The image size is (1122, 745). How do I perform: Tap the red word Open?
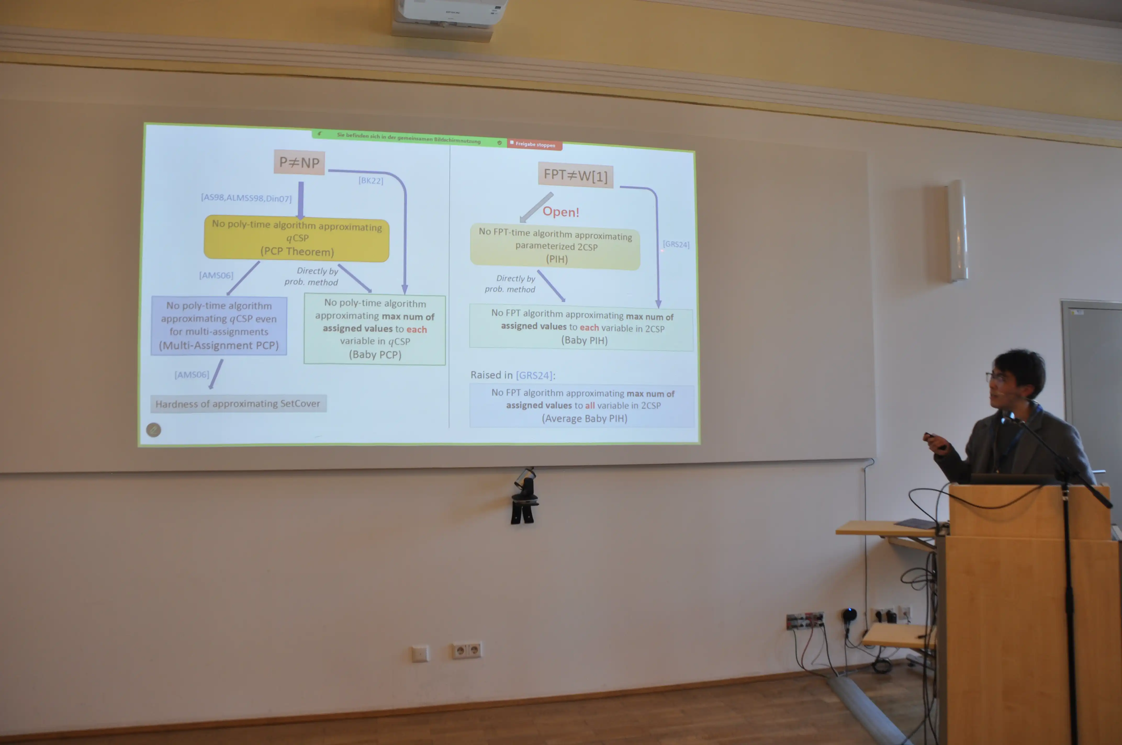click(x=561, y=212)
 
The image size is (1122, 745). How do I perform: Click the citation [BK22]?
click(x=371, y=180)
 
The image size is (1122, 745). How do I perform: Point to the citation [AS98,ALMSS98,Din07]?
click(x=246, y=198)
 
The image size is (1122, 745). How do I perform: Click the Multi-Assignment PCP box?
click(x=219, y=325)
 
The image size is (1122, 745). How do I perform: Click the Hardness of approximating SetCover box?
click(x=238, y=403)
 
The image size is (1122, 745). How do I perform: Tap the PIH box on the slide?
click(x=555, y=246)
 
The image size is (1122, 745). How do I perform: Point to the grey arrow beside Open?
click(x=536, y=208)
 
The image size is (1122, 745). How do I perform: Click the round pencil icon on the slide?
click(x=154, y=430)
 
